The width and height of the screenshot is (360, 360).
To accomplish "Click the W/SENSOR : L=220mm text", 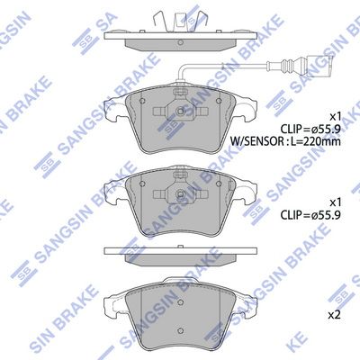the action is (285, 140).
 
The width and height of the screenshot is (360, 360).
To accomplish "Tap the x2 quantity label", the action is (334, 315).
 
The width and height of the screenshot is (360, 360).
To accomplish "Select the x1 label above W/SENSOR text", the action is (335, 116).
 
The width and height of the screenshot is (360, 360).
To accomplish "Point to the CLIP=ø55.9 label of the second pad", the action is (310, 215).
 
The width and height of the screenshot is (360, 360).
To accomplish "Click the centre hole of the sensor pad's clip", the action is (181, 111).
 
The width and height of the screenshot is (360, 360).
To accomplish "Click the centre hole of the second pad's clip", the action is (181, 193).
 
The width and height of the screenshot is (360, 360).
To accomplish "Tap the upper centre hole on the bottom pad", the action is (181, 302).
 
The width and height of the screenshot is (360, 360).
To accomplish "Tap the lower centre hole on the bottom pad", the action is (181, 330).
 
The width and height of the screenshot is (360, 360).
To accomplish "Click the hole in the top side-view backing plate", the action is (180, 42).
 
